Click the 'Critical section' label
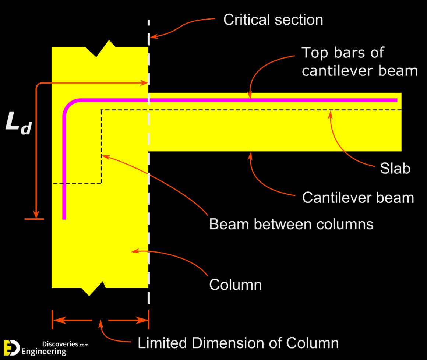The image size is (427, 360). coord(273,20)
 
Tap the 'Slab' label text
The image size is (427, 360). coord(395,169)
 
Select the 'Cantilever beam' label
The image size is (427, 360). coord(358,198)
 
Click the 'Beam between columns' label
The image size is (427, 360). coord(291,224)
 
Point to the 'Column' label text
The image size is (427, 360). coord(235,285)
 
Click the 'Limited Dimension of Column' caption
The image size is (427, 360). coord(238,343)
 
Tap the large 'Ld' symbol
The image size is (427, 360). coord(18,123)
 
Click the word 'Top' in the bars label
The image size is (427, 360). coord(316,53)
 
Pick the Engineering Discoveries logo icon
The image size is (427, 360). coord(11,348)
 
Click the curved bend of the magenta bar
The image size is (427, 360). coord(69,105)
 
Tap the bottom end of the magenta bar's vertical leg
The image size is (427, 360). coord(64,218)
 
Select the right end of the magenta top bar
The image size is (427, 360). coord(396,100)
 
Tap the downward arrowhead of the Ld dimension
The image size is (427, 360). coord(36,214)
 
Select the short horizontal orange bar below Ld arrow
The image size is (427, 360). coord(34,219)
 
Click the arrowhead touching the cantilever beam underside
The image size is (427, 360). coord(251,155)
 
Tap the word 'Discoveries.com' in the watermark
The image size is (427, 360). coord(66,345)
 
